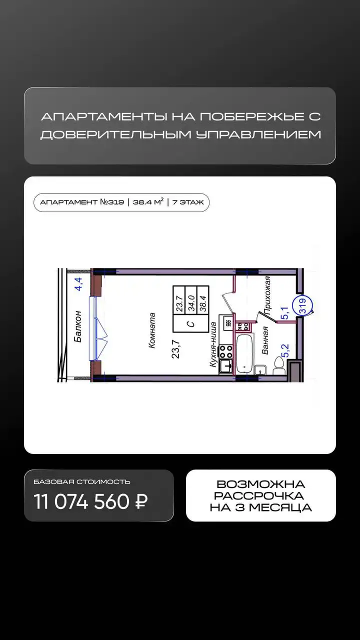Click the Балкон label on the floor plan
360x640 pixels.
click(x=77, y=326)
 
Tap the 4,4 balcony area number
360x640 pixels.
click(x=78, y=284)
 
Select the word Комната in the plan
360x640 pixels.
click(x=151, y=330)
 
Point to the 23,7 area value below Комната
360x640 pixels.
click(x=175, y=349)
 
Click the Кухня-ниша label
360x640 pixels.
click(x=213, y=344)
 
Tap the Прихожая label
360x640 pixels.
click(x=267, y=295)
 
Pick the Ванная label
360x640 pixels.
click(x=265, y=340)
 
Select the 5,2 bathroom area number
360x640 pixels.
click(x=285, y=351)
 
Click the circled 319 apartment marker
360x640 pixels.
click(x=303, y=305)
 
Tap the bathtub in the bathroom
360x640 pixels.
click(x=244, y=353)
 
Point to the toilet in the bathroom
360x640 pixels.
click(x=278, y=365)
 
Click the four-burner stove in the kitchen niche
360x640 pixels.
click(x=225, y=351)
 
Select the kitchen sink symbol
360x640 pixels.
click(x=226, y=365)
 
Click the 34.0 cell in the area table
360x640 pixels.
click(x=191, y=303)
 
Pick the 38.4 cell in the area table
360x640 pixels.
click(x=203, y=303)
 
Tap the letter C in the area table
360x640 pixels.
click(x=191, y=324)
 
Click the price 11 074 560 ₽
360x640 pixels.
click(x=90, y=501)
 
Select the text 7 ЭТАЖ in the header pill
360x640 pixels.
click(x=188, y=202)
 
